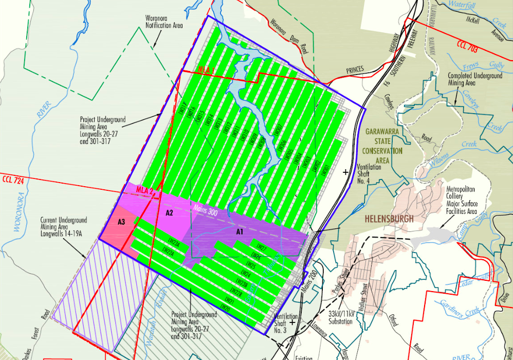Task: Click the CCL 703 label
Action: point(467,46)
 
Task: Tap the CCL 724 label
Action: point(14,181)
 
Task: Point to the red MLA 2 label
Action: point(145,190)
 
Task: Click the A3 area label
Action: point(122,222)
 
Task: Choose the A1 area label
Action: point(239,232)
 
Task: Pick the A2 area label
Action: point(170,212)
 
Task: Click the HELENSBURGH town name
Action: point(389,219)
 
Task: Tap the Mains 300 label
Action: point(205,210)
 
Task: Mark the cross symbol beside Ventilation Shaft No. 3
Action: point(293,322)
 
